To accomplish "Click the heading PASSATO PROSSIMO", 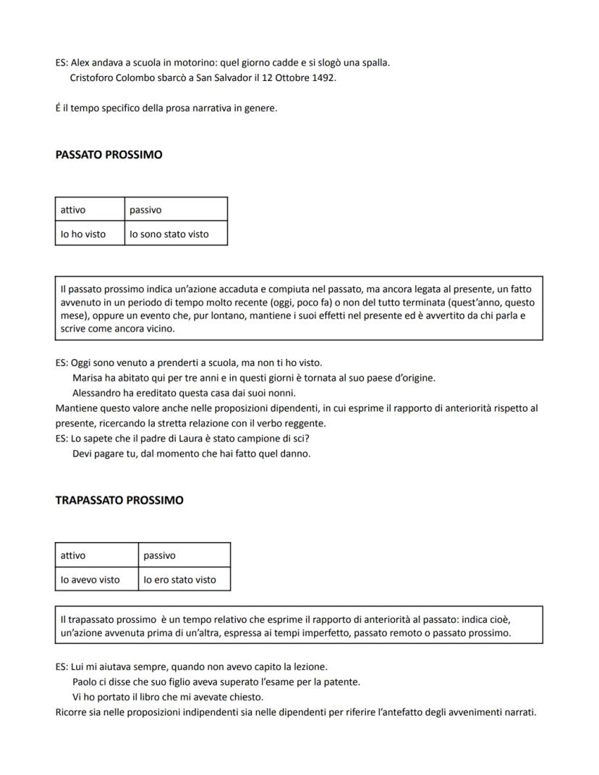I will click(x=109, y=155).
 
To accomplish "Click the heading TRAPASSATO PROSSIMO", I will click(x=119, y=500).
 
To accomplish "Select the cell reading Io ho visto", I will click(x=83, y=234).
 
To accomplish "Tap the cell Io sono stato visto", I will click(x=169, y=234).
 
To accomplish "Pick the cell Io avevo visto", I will click(x=90, y=580).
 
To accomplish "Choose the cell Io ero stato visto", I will click(x=179, y=580).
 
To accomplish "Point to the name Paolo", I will click(x=85, y=682).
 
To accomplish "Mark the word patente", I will click(x=342, y=682).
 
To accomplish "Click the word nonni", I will click(x=281, y=393).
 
